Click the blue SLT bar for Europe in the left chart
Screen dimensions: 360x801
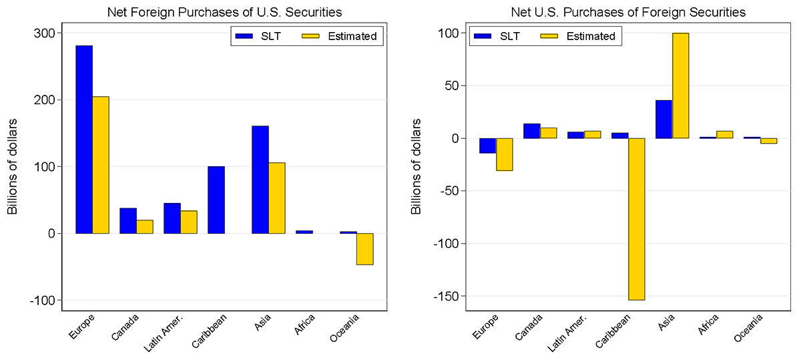[x=84, y=140]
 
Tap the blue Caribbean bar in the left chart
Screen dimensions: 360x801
[x=216, y=200]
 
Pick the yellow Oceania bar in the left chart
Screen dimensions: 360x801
[x=364, y=249]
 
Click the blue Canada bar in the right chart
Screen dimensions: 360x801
[x=531, y=131]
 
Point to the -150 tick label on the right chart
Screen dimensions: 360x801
[x=446, y=296]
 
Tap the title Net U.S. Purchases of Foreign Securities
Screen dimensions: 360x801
[x=628, y=12]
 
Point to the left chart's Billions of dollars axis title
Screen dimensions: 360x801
[x=13, y=167]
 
